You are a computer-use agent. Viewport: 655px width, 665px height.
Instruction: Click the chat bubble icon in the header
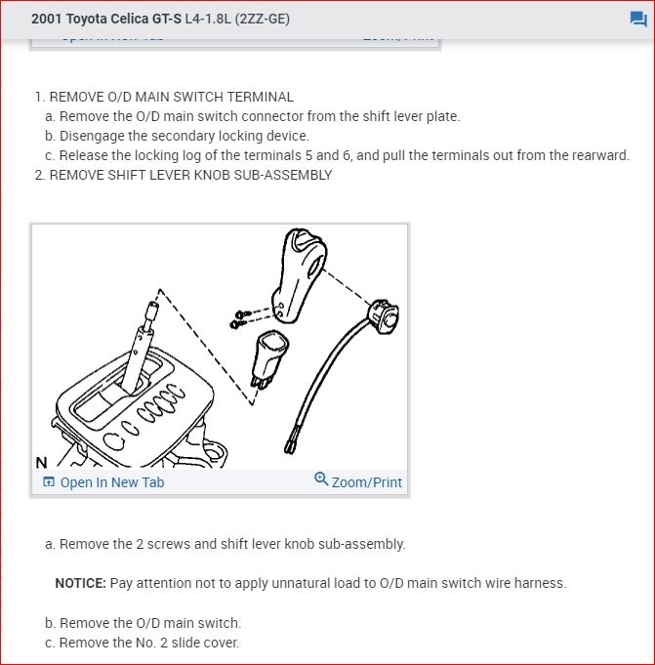(x=638, y=20)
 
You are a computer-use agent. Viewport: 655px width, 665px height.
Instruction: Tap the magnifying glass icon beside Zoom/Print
(x=321, y=479)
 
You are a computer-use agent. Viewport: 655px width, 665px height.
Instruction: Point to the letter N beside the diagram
(x=40, y=463)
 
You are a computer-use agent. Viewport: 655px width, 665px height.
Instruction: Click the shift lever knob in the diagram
(x=297, y=273)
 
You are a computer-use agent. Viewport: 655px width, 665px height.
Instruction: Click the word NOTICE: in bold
(x=80, y=583)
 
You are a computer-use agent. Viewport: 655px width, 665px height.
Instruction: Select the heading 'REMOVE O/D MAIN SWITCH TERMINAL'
(x=171, y=97)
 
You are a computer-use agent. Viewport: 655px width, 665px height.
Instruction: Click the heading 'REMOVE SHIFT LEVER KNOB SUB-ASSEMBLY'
(x=190, y=175)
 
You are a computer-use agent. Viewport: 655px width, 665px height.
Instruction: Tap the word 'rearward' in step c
(x=600, y=155)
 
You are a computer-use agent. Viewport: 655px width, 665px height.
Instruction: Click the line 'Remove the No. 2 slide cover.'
(x=149, y=643)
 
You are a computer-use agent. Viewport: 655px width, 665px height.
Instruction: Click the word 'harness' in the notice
(x=540, y=583)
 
